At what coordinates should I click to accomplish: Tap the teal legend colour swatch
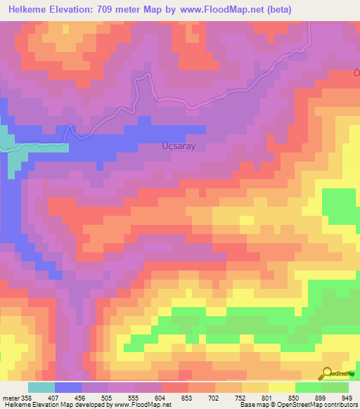(41, 387)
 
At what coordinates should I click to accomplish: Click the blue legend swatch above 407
(68, 387)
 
